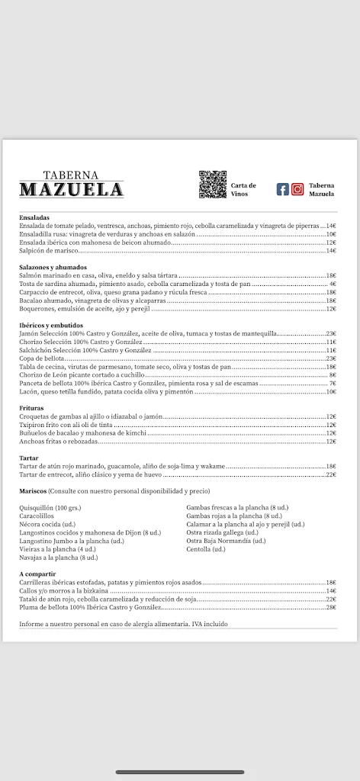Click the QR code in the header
click(x=213, y=185)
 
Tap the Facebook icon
click(x=283, y=189)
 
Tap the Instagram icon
click(x=297, y=189)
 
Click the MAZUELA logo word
click(x=72, y=190)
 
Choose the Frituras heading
click(x=32, y=408)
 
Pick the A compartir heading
click(x=38, y=573)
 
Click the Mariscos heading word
click(x=34, y=491)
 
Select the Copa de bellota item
click(x=42, y=358)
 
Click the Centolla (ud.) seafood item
click(x=206, y=549)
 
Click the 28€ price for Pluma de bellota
click(x=331, y=607)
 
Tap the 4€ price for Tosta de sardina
click(x=333, y=284)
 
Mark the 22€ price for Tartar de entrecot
click(x=331, y=474)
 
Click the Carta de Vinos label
click(x=243, y=189)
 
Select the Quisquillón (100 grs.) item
click(x=50, y=507)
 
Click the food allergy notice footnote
click(x=123, y=624)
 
